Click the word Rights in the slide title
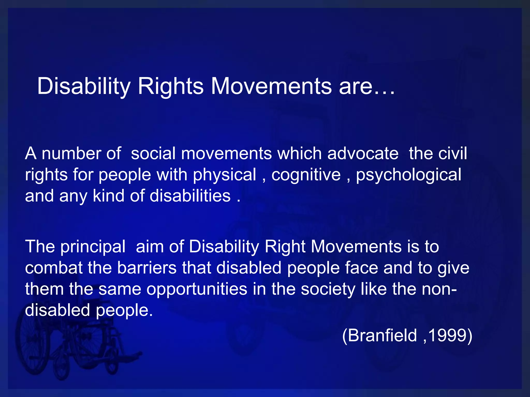click(x=171, y=86)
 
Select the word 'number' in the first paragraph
click(x=71, y=154)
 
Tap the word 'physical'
click(x=224, y=175)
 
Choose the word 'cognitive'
click(x=306, y=175)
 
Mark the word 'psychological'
click(x=409, y=175)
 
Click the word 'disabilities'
click(x=190, y=196)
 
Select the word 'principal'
click(x=93, y=247)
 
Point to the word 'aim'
click(x=150, y=247)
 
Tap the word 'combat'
click(x=54, y=268)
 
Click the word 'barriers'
click(x=147, y=268)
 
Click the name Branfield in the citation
click(x=382, y=335)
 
